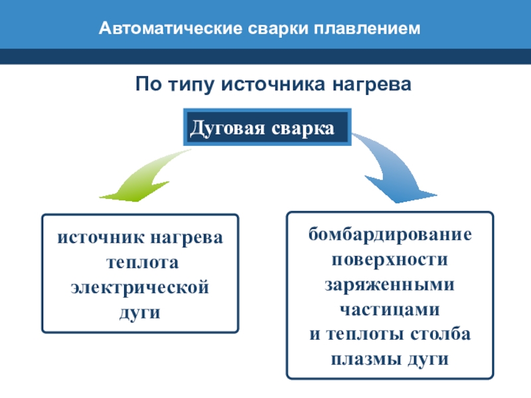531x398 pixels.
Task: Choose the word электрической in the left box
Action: [x=140, y=288]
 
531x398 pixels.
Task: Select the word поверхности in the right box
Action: [x=390, y=259]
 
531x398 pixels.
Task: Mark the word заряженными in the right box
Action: [x=390, y=284]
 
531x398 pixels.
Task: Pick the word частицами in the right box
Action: [x=390, y=309]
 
